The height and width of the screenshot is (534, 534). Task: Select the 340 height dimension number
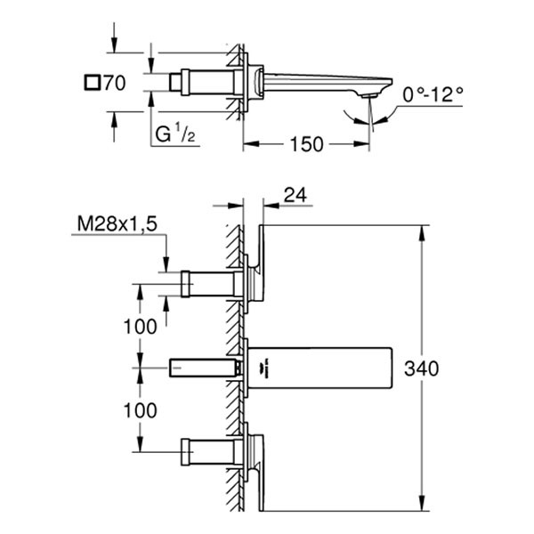421,368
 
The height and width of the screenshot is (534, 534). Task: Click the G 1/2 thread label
175,135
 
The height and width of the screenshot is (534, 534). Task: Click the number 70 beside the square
112,85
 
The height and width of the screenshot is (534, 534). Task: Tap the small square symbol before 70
90,84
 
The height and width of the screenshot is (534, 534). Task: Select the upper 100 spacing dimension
140,326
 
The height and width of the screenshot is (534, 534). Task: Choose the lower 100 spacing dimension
140,410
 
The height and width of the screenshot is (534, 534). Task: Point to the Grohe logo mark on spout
263,368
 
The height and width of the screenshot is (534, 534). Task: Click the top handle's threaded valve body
210,284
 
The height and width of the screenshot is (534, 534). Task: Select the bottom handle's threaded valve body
210,452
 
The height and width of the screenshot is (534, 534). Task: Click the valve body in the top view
210,83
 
